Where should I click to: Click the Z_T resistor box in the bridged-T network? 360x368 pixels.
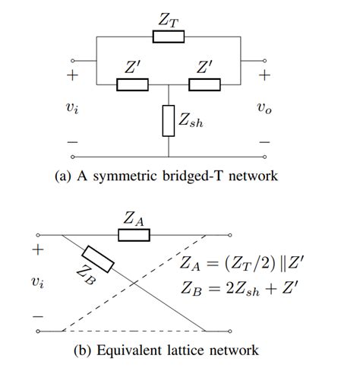coord(169,36)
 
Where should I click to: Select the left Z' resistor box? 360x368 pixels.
coord(132,84)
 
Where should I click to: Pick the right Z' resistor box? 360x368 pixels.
coord(204,84)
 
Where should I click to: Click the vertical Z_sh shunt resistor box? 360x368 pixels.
coord(169,120)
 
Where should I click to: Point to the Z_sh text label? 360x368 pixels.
coord(192,120)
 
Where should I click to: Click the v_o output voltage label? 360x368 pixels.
coord(264,108)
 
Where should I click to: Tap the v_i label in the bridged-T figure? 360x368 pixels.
coord(72,108)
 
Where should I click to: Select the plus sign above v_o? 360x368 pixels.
coord(264,76)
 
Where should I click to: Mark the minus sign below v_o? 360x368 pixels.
coord(264,141)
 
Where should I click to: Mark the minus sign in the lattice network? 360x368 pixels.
coord(36,314)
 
